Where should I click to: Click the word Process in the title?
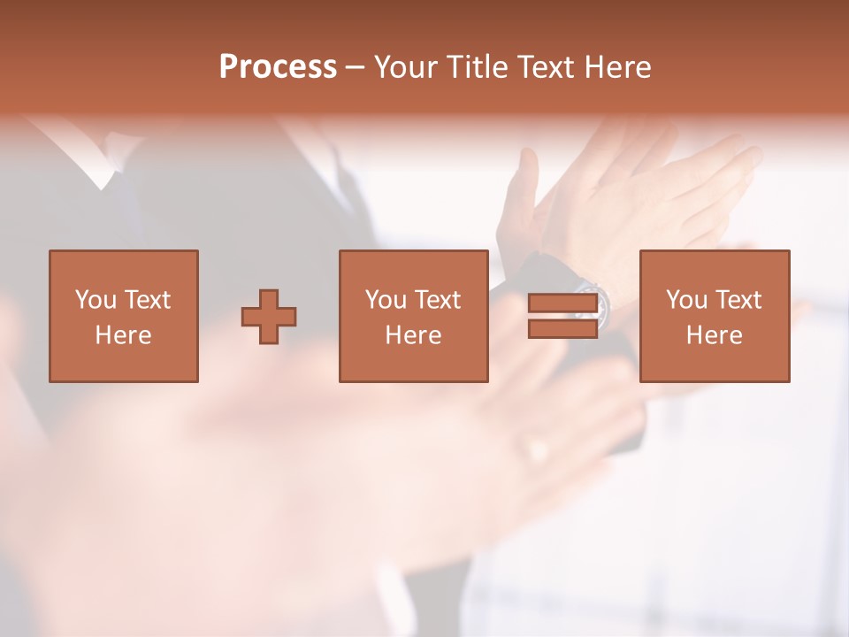(x=278, y=67)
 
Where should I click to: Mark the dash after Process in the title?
(x=355, y=68)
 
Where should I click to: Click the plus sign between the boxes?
(x=269, y=317)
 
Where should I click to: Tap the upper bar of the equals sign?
(x=562, y=303)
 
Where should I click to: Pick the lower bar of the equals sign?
(x=562, y=328)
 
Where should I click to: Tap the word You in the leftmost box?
(x=96, y=300)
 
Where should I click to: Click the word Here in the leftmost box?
(x=124, y=335)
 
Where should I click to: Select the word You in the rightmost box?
(x=686, y=300)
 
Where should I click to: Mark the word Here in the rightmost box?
(x=715, y=335)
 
